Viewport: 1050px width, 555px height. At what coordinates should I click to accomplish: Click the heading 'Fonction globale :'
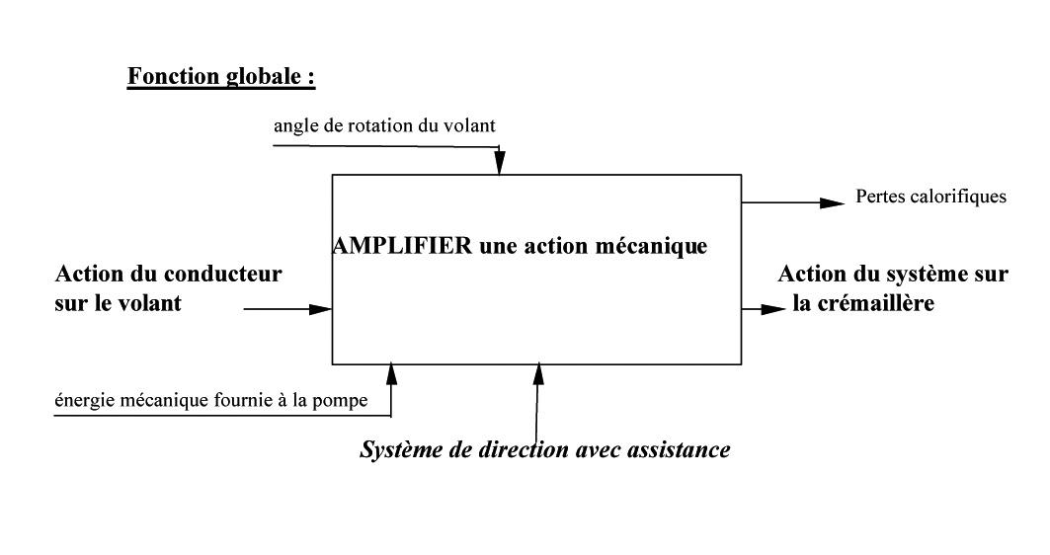click(x=221, y=76)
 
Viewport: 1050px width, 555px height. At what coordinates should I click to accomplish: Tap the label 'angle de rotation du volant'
click(x=384, y=125)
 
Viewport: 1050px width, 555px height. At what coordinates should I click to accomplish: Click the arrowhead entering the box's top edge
click(x=500, y=163)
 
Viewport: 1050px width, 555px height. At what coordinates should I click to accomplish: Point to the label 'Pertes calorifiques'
click(x=930, y=197)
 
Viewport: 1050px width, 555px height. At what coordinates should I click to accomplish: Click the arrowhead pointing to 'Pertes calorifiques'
click(x=833, y=202)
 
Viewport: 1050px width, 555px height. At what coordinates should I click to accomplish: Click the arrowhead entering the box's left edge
click(x=320, y=309)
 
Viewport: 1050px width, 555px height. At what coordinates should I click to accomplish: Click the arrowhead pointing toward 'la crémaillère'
click(x=773, y=309)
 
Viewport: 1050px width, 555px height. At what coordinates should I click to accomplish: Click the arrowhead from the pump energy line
click(x=392, y=375)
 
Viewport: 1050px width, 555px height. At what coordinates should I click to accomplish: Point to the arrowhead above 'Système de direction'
click(x=538, y=375)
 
